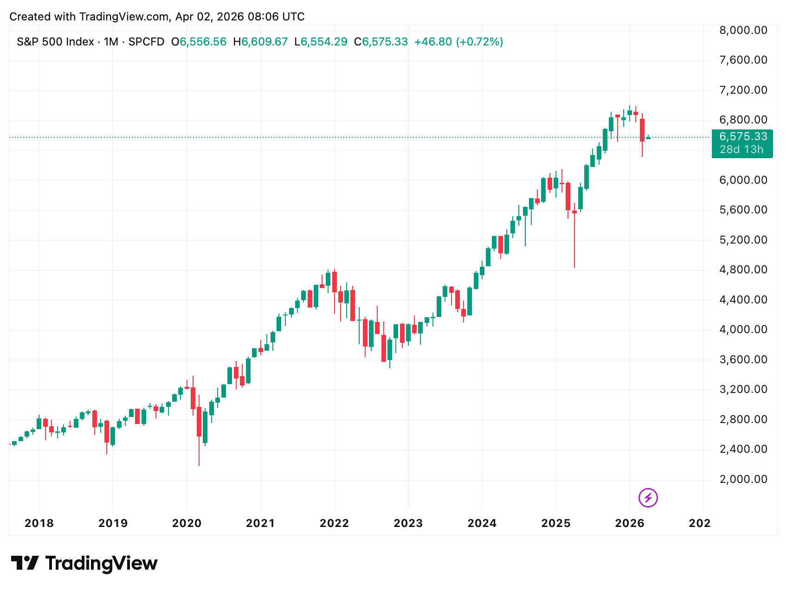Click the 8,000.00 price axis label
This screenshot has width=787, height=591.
743,31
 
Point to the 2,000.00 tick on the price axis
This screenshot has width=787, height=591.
743,479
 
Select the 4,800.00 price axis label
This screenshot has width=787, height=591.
743,270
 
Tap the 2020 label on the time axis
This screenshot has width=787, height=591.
187,523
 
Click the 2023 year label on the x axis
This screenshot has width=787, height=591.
408,523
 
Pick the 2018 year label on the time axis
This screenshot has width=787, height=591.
39,523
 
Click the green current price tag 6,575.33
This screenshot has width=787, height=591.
743,137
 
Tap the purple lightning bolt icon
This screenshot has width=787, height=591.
648,498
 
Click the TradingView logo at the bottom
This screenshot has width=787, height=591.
84,563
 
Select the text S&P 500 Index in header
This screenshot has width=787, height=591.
55,42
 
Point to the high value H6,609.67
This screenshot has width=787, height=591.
260,42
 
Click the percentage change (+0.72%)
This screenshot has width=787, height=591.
479,42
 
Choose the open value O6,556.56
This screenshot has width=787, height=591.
199,42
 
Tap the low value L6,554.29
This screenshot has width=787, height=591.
321,42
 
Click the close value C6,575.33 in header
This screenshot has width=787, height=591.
381,42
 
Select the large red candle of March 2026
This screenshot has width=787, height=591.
642,130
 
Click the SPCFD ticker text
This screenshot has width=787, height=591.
146,42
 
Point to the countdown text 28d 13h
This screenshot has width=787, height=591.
741,149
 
